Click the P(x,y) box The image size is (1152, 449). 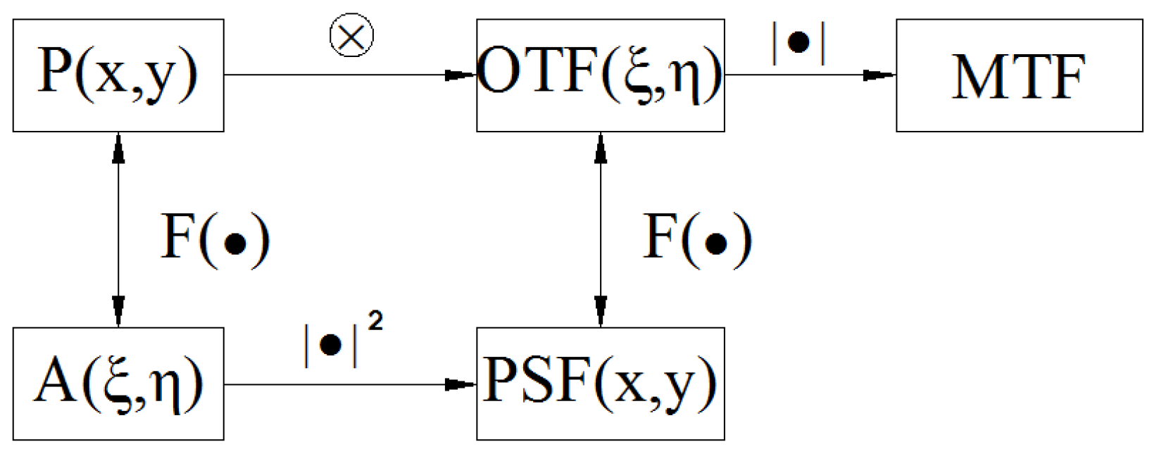pyautogui.click(x=118, y=75)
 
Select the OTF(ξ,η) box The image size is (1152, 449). pyautogui.click(x=600, y=75)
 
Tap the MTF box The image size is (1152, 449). pyautogui.click(x=1019, y=75)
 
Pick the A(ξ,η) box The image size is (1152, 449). pyautogui.click(x=118, y=384)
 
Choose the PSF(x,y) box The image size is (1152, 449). pyautogui.click(x=600, y=384)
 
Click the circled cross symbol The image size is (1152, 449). pyautogui.click(x=351, y=36)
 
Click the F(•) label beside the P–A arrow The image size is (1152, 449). pyautogui.click(x=215, y=239)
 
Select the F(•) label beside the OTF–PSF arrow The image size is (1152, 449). pyautogui.click(x=697, y=239)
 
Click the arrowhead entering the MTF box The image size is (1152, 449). pyautogui.click(x=880, y=75)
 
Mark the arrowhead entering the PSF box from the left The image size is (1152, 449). pyautogui.click(x=462, y=384)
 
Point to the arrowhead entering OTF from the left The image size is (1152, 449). pyautogui.click(x=462, y=75)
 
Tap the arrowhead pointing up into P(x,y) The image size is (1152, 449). pyautogui.click(x=118, y=146)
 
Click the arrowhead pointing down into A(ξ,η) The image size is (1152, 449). pyautogui.click(x=118, y=312)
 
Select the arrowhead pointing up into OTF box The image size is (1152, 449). pyautogui.click(x=600, y=146)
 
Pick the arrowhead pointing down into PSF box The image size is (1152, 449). pyautogui.click(x=600, y=312)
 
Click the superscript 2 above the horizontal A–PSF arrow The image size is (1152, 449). pyautogui.click(x=375, y=322)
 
